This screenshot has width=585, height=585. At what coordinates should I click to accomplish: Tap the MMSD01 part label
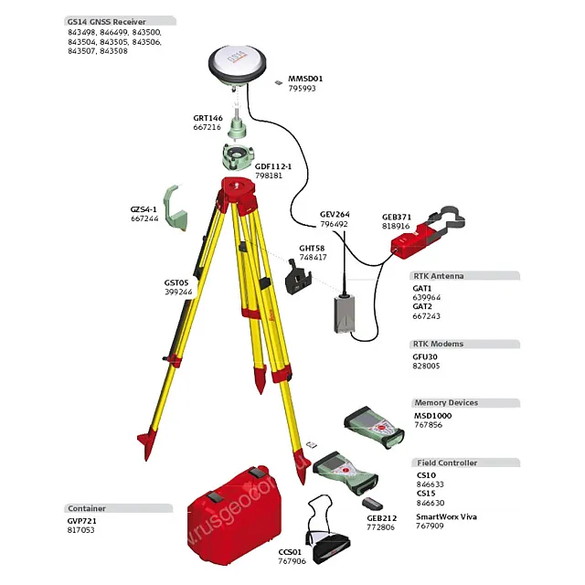point(305,79)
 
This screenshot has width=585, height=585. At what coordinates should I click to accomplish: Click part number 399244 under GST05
point(178,292)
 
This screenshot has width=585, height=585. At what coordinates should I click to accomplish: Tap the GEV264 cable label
point(334,214)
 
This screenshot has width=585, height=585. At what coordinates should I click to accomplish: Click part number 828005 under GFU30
point(426,366)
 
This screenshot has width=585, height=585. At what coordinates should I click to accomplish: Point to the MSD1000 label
point(432,415)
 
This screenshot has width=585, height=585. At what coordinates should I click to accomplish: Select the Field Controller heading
point(446,463)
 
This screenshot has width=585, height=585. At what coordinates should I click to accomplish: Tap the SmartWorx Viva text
point(446,517)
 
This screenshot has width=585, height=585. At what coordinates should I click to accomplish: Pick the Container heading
point(87,508)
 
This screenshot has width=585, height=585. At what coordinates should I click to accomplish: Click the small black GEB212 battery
point(371,504)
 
